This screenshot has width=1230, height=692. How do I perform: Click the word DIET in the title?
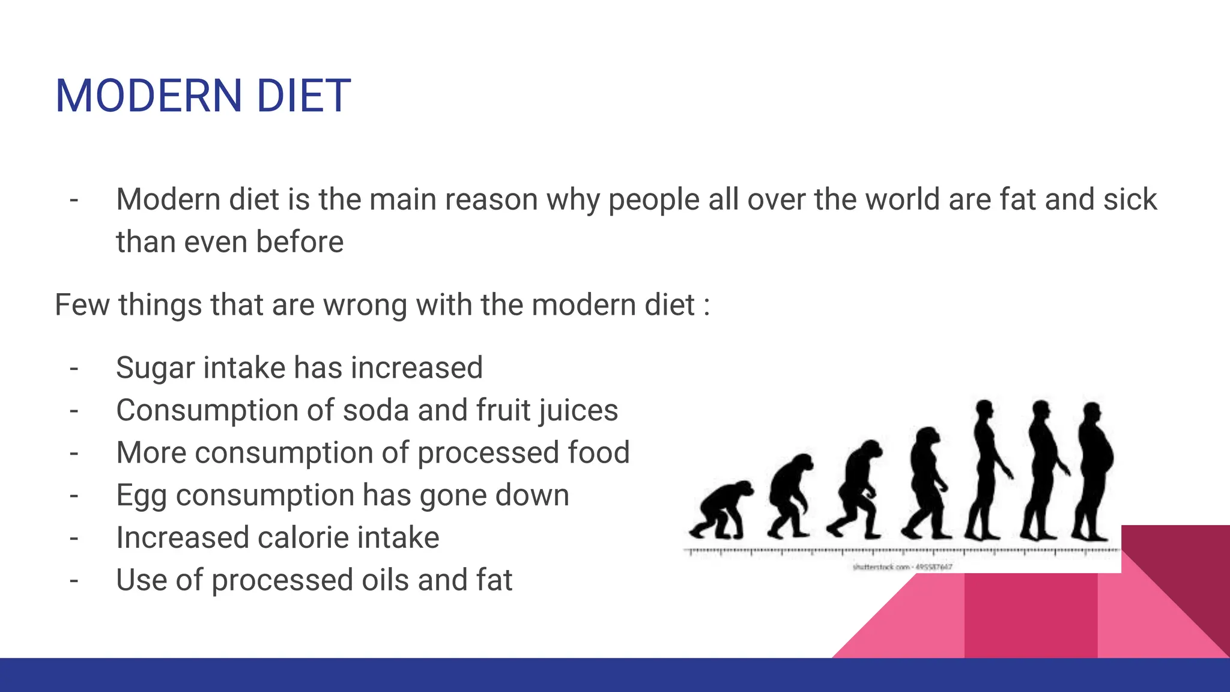303,96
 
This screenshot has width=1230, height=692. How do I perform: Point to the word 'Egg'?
141,496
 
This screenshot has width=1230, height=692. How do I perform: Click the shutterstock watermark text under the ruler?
902,566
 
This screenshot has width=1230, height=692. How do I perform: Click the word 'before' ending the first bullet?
300,242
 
